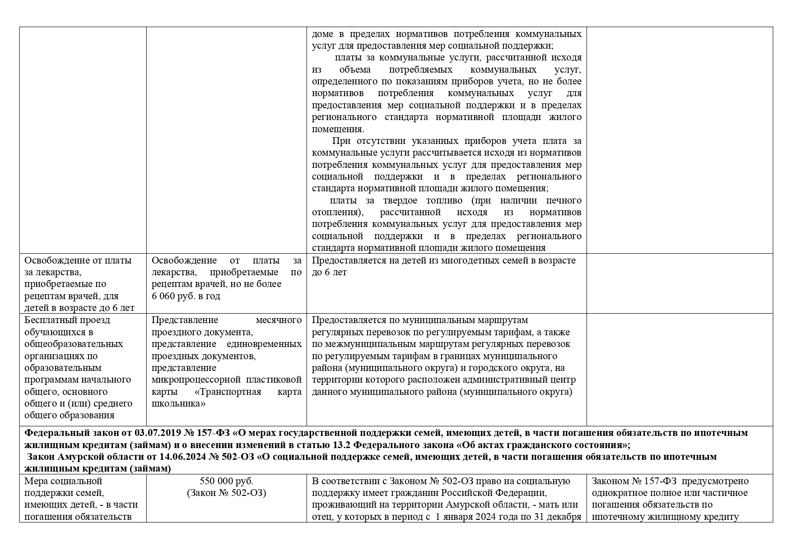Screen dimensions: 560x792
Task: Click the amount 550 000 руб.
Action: [x=226, y=481]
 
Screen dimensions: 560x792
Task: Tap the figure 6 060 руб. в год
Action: [x=186, y=296]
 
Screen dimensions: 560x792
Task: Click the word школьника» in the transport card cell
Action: [x=178, y=403]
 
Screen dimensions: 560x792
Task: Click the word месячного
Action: [x=279, y=320]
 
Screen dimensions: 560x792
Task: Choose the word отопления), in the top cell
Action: [x=338, y=212]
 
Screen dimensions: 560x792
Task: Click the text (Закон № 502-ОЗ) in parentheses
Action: [x=226, y=493]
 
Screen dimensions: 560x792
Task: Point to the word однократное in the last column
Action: [x=616, y=493]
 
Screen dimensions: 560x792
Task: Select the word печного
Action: [x=564, y=200]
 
